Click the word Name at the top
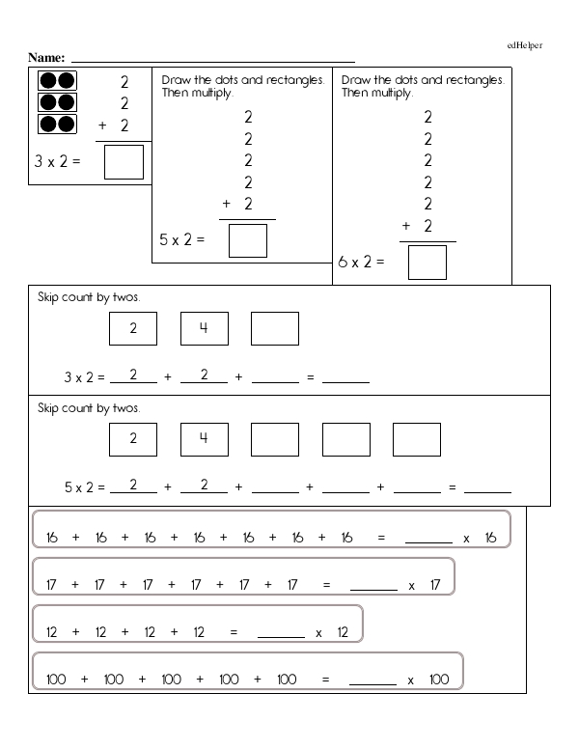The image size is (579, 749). coord(46,57)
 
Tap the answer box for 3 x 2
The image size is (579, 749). coord(124,161)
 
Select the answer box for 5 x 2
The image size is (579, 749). coord(247,239)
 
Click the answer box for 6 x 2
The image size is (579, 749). coord(427,262)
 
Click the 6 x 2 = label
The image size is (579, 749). coord(362,261)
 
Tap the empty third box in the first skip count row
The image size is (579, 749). coord(275,328)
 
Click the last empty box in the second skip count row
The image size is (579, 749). coord(417,440)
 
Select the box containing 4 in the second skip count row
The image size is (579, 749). coord(204,440)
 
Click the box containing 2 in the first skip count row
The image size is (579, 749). coord(133,328)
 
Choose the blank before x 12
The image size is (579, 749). coord(282,634)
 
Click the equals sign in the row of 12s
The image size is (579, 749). coord(233,633)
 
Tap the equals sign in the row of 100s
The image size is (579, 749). coord(325,680)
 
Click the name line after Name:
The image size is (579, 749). coord(212,59)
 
